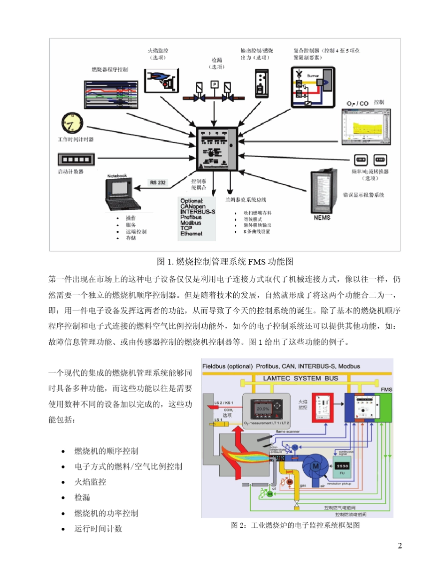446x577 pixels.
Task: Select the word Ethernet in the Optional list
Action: coord(191,233)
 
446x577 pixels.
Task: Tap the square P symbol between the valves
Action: coord(214,84)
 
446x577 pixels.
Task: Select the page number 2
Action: coord(400,546)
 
